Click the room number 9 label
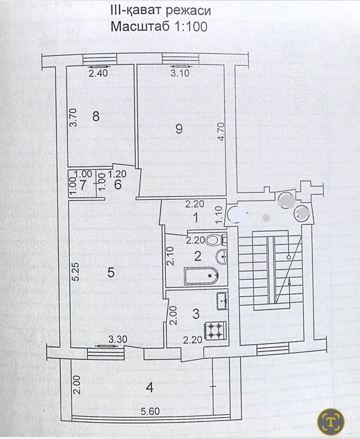(179, 129)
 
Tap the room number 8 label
(96, 116)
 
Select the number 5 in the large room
(111, 272)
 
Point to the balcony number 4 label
(150, 387)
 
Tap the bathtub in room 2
(201, 276)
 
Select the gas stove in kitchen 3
(216, 330)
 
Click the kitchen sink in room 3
(223, 301)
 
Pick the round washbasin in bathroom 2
(221, 256)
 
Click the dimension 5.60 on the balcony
(150, 411)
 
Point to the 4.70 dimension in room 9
(221, 132)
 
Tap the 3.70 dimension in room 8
(73, 117)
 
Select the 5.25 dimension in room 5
(75, 272)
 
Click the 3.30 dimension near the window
(118, 339)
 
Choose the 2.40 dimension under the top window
(98, 73)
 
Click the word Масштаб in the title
(140, 26)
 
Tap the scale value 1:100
(191, 26)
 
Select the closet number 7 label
(83, 185)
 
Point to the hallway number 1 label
(196, 217)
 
